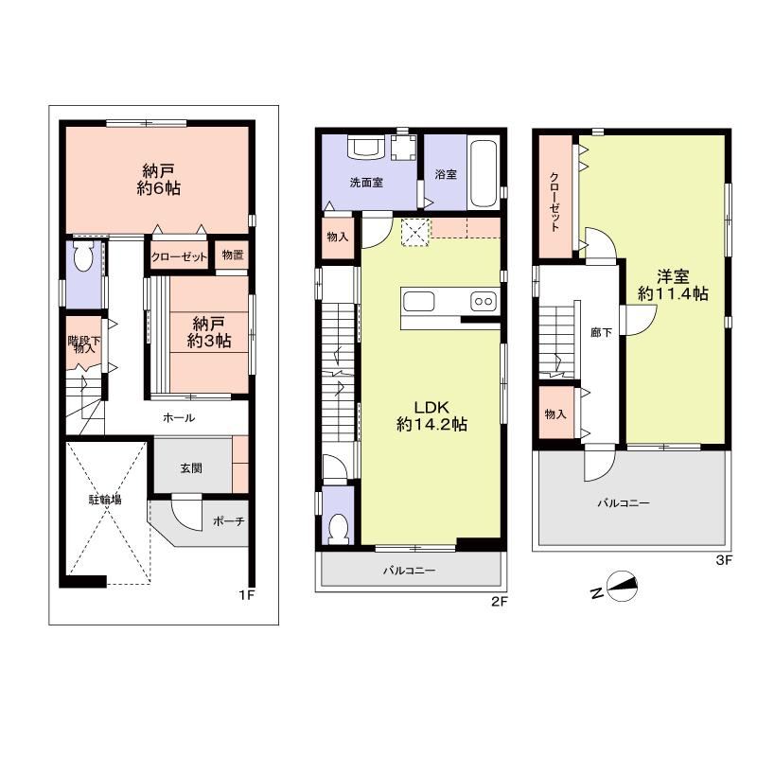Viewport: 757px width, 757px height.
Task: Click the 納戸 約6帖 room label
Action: pyautogui.click(x=158, y=179)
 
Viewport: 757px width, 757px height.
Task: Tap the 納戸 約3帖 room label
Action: pyautogui.click(x=209, y=332)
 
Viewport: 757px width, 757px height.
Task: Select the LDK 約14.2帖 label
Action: pyautogui.click(x=431, y=415)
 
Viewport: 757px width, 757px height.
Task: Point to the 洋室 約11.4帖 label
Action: pyautogui.click(x=673, y=285)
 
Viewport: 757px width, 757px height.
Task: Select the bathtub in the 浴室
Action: pyautogui.click(x=483, y=174)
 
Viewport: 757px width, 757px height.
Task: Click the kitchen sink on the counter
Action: pyautogui.click(x=418, y=302)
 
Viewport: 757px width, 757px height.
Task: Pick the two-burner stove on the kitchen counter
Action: pyautogui.click(x=484, y=301)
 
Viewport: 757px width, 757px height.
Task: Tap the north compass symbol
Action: pyautogui.click(x=622, y=586)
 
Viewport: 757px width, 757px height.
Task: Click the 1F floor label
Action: pyautogui.click(x=246, y=595)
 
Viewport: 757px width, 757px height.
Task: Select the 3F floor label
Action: pyautogui.click(x=724, y=560)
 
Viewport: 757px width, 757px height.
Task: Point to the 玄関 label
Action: pyautogui.click(x=191, y=467)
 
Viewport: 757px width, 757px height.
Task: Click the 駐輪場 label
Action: pyautogui.click(x=105, y=500)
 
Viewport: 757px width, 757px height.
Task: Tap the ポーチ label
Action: pyautogui.click(x=229, y=521)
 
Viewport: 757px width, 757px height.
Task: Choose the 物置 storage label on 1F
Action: pyautogui.click(x=232, y=255)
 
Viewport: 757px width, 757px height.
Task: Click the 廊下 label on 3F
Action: pyautogui.click(x=601, y=332)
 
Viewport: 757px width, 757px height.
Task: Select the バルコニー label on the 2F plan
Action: pyautogui.click(x=410, y=571)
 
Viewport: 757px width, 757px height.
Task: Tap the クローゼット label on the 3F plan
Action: pyautogui.click(x=555, y=202)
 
